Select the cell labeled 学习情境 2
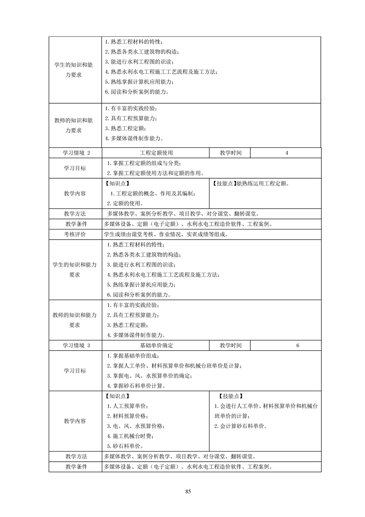pyautogui.click(x=77, y=153)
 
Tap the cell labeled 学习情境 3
pyautogui.click(x=77, y=345)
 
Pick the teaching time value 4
pyautogui.click(x=287, y=153)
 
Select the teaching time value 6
pyautogui.click(x=298, y=345)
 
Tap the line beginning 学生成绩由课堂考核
pyautogui.click(x=166, y=234)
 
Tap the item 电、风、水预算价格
pyautogui.click(x=135, y=426)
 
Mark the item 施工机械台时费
pyautogui.click(x=130, y=436)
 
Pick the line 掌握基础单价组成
pyautogui.click(x=133, y=356)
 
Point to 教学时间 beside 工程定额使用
pyautogui.click(x=231, y=153)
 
